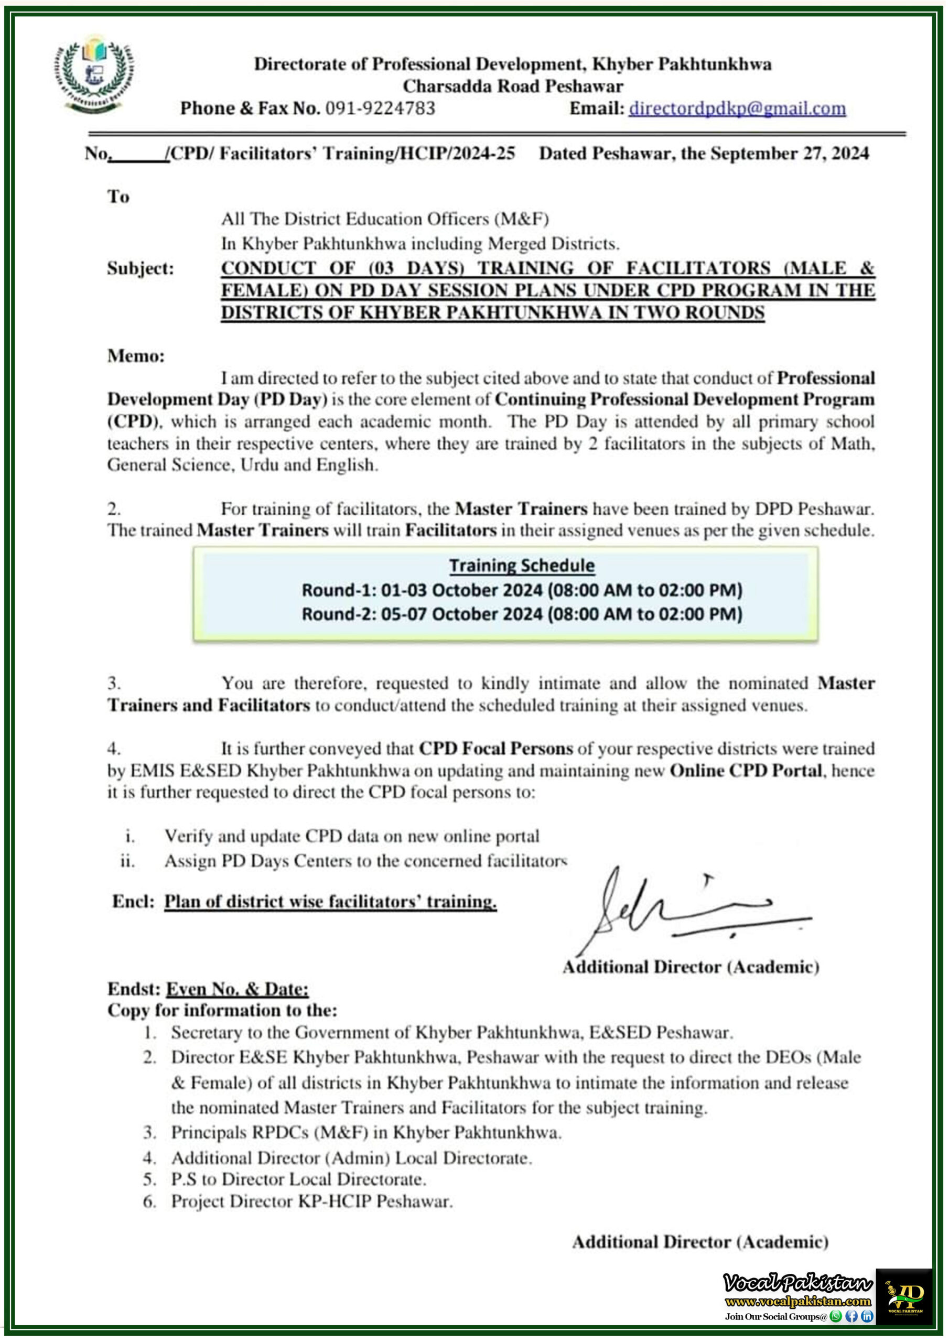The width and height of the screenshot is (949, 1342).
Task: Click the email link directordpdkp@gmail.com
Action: [737, 108]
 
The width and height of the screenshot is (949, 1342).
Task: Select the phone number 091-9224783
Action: [380, 108]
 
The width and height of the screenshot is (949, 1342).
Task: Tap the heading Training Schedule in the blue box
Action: [522, 565]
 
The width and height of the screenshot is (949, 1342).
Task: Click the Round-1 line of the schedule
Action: [522, 590]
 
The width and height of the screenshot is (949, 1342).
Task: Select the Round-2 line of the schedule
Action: [522, 614]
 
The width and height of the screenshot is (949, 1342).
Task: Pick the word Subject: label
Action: [141, 268]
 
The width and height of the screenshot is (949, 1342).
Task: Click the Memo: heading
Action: [136, 356]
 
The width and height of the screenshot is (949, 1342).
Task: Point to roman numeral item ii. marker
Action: [127, 861]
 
